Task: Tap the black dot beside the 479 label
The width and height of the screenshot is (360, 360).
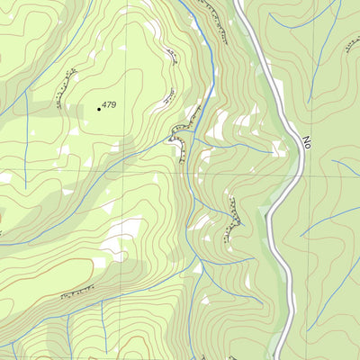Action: (99, 109)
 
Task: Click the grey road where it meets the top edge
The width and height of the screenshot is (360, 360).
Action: (239, 3)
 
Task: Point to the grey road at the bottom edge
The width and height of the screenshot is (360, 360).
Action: (278, 356)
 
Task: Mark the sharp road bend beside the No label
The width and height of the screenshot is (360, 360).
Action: (296, 148)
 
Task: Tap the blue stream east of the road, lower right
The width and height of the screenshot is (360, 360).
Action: (328, 220)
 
